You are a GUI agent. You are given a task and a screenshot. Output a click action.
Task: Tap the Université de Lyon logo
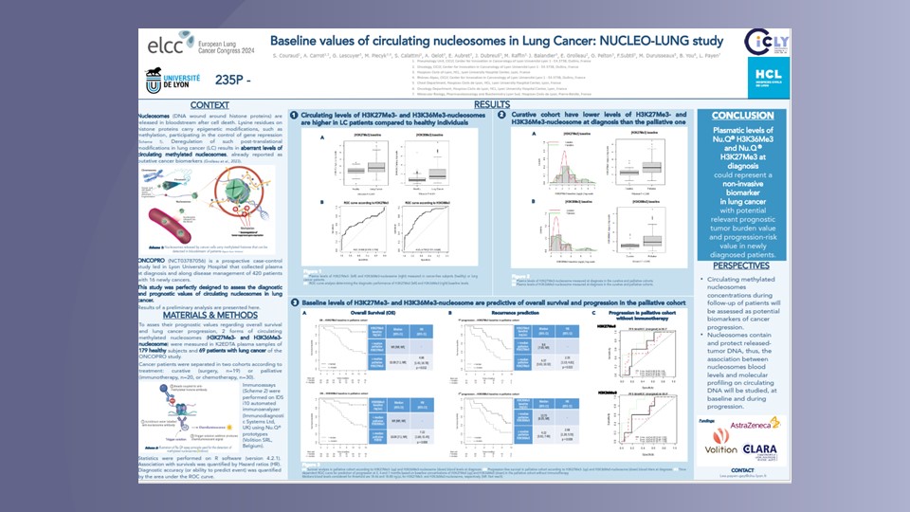pos(170,80)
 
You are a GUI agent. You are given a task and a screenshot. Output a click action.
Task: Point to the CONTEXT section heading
pos(209,104)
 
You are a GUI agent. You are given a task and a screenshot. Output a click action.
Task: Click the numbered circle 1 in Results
pos(295,115)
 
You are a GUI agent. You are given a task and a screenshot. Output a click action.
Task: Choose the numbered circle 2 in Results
pos(501,115)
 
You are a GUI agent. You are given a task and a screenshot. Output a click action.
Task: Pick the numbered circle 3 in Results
pos(295,302)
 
